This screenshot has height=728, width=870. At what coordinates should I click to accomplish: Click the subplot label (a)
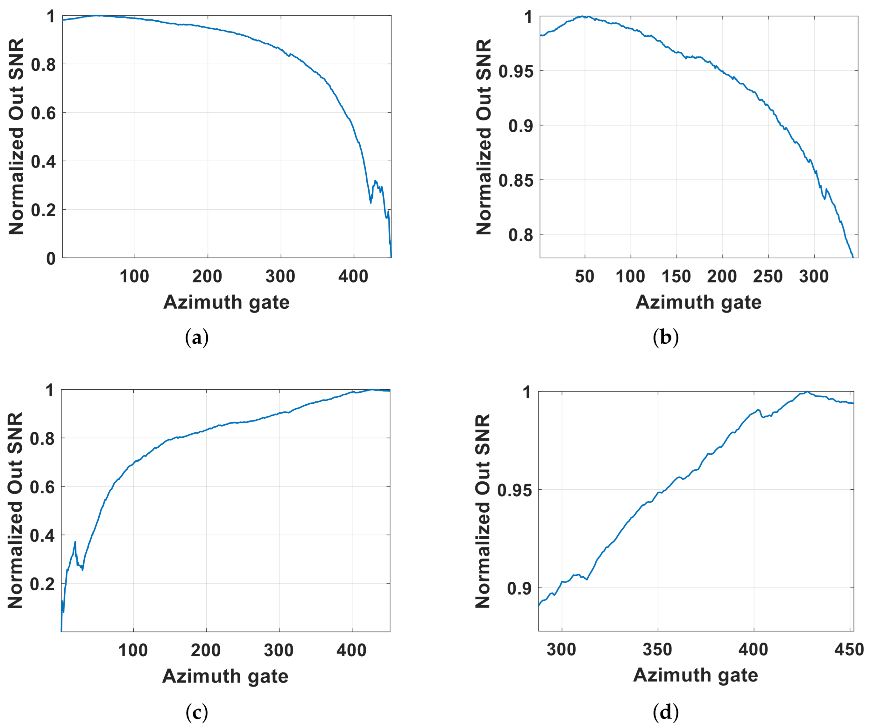point(196,337)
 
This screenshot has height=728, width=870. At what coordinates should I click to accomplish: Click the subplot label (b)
point(666,337)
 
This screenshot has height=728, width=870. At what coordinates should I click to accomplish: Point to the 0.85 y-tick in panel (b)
point(515,180)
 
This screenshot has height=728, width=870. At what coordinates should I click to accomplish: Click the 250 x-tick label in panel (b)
point(768,277)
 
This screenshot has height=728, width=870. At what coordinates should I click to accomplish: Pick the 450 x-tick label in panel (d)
point(849,649)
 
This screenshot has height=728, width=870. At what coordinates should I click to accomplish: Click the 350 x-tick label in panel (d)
point(657,649)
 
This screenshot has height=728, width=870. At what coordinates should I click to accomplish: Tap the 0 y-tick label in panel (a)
point(51,259)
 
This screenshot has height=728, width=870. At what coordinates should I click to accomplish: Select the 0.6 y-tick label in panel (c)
point(43,487)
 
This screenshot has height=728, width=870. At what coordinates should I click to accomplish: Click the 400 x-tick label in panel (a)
point(353,277)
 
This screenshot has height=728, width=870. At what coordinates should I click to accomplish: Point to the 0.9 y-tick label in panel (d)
point(519,588)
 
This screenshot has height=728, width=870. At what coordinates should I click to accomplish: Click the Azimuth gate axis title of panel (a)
point(226,302)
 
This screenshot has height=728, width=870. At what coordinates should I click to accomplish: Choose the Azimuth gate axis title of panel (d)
point(696,675)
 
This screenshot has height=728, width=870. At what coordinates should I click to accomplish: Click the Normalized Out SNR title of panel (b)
point(484,137)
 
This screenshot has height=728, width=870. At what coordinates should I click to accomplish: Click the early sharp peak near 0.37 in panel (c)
point(75,542)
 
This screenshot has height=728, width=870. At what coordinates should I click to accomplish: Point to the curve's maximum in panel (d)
point(807,392)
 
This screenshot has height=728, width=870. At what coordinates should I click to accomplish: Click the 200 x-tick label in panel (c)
point(206,650)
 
